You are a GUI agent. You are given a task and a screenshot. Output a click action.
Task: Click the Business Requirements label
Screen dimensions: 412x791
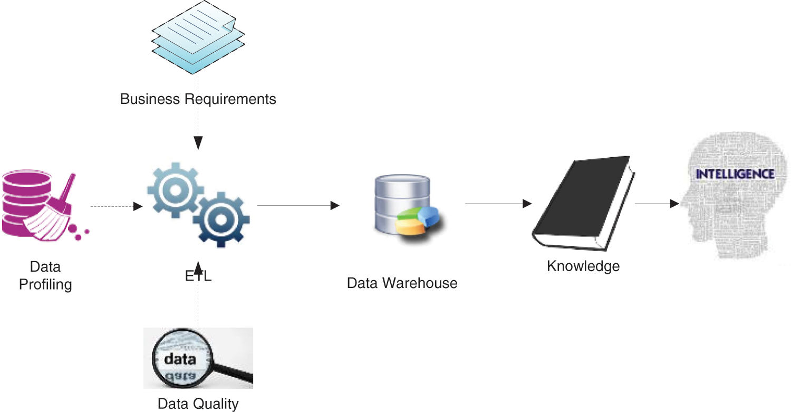198,99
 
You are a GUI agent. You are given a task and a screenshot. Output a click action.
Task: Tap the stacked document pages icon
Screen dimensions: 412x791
198,37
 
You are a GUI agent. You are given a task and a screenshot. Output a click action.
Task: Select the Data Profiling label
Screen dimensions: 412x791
45,275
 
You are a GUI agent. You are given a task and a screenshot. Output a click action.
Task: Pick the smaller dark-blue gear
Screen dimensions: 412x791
221,220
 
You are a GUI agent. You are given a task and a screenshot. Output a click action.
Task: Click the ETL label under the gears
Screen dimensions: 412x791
198,276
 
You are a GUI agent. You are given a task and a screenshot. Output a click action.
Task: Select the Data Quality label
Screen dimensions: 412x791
198,404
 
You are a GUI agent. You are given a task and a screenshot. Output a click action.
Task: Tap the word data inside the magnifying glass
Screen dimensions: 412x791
180,360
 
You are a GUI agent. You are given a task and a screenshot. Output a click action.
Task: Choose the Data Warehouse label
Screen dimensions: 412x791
402,283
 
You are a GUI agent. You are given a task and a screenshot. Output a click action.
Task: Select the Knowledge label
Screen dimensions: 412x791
583,266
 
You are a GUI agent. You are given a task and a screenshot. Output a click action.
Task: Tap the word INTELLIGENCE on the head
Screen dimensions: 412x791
735,174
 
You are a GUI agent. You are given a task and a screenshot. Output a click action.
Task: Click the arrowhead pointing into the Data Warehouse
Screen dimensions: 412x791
335,206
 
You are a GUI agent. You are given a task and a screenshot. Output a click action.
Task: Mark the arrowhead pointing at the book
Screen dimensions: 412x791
527,204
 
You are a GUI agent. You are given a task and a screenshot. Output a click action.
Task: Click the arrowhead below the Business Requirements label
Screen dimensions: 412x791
198,142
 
